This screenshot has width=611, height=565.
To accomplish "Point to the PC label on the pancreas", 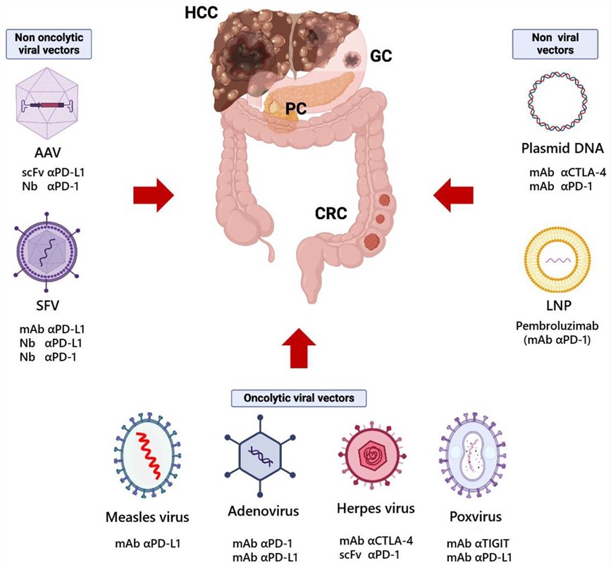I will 295,108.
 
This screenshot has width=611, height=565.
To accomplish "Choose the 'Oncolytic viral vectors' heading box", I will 300,397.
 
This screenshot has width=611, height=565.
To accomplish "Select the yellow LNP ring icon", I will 555,259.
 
